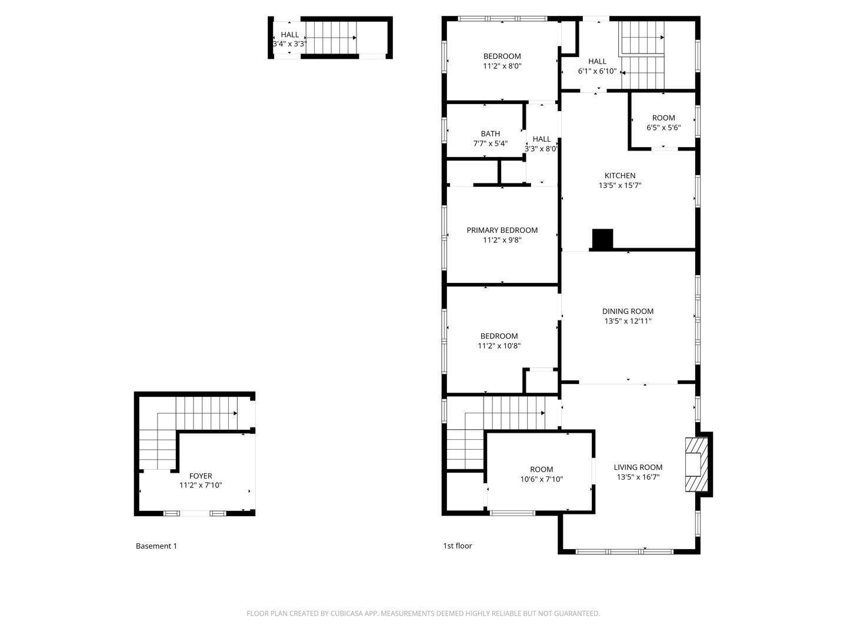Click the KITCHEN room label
(620, 175)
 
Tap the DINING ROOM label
(628, 311)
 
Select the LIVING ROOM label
(638, 467)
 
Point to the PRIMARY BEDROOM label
(502, 230)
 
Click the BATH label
(491, 134)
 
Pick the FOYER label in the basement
(201, 476)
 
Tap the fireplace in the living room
(696, 464)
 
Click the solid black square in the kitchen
(602, 239)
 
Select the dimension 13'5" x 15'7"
(620, 185)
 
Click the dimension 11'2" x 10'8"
(499, 346)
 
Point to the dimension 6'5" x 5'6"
(663, 128)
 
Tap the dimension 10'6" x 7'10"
(541, 479)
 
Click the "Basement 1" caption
(156, 546)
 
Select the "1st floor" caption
(457, 546)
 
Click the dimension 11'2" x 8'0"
(502, 66)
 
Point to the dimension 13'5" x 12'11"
(628, 321)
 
